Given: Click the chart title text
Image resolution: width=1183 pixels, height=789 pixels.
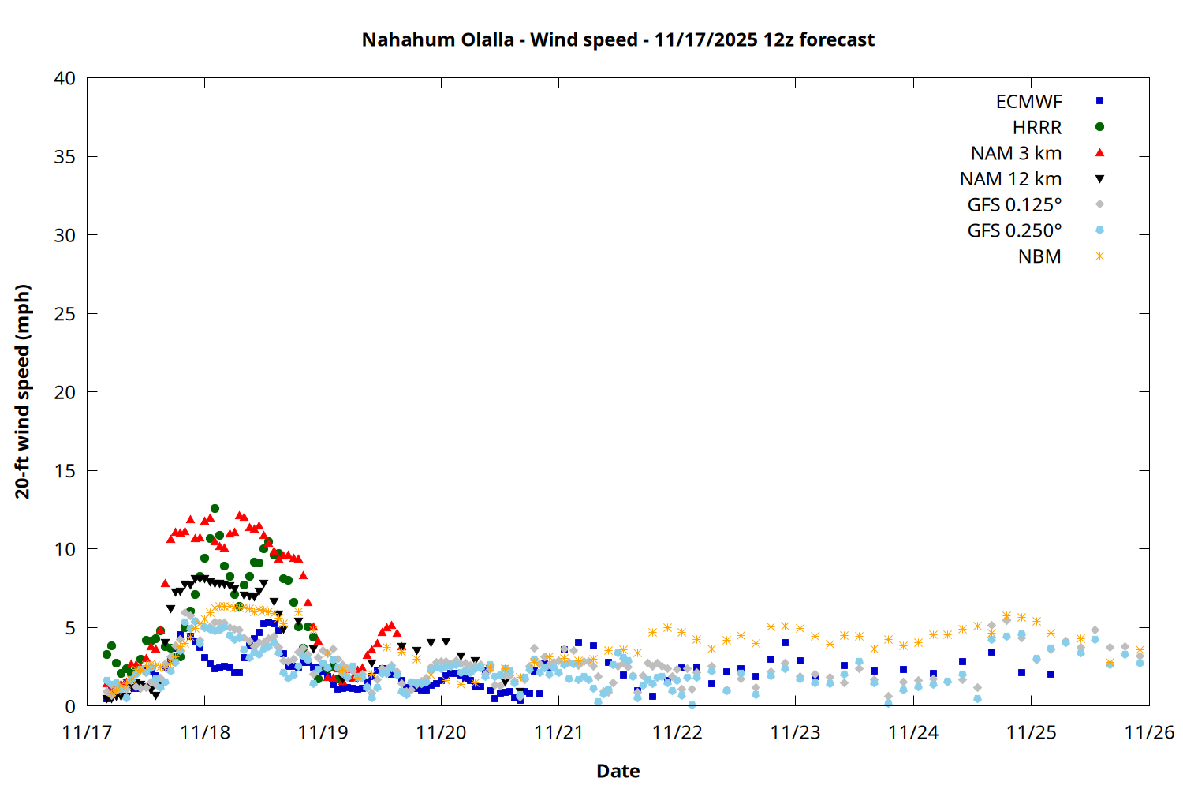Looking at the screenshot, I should [x=618, y=39].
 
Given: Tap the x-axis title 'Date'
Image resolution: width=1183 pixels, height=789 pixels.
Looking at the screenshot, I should [x=618, y=771].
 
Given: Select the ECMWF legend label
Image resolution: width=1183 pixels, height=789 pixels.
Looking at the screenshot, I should [x=1028, y=102].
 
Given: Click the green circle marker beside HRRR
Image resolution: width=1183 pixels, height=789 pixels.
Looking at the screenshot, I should [x=1099, y=127].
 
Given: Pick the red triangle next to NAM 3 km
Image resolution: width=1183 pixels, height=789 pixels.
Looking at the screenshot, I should [x=1099, y=153].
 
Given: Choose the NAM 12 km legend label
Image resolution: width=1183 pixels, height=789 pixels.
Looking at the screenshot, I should [x=1010, y=179].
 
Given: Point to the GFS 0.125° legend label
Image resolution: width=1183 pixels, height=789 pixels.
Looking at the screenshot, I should [x=1014, y=205].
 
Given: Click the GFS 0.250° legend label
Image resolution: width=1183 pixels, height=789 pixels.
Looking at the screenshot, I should [x=1014, y=231].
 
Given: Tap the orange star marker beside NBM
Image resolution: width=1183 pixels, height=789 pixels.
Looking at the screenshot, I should [x=1099, y=256].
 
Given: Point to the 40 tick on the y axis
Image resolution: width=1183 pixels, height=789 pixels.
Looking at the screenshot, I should [x=65, y=78].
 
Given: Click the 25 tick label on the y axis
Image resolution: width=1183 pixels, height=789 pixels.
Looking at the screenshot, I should [x=65, y=314].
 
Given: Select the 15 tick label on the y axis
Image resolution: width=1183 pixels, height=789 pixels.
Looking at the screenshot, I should [x=65, y=471].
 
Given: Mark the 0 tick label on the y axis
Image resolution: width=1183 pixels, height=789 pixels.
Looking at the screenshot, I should [x=70, y=707].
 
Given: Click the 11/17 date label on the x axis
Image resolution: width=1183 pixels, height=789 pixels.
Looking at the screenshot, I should [x=87, y=732].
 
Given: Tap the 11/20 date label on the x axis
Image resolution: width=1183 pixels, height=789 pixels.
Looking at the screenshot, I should [x=441, y=732].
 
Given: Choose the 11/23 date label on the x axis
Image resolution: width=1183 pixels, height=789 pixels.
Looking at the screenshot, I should [x=795, y=732].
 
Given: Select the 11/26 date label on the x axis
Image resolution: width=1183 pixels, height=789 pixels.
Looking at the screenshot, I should [x=1149, y=732].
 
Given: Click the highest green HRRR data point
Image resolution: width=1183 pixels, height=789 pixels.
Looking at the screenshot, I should [x=215, y=509].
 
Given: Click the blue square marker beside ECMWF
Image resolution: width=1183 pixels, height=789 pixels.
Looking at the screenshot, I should [x=1099, y=101].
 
